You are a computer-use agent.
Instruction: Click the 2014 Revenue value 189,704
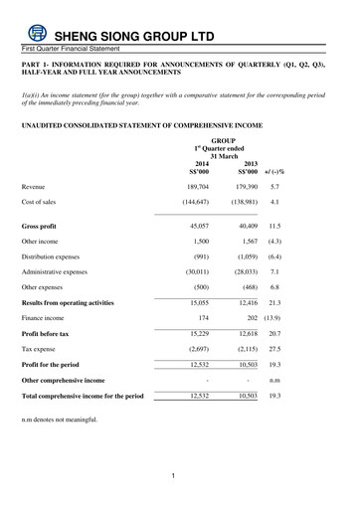196,186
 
